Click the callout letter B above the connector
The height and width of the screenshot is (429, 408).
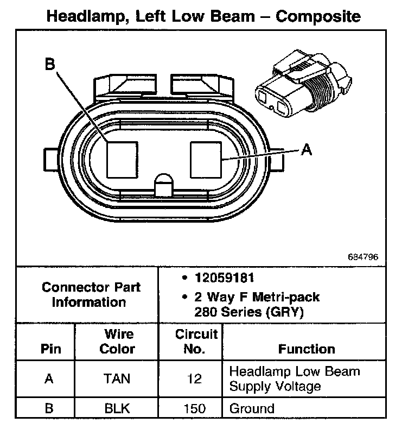click(50, 65)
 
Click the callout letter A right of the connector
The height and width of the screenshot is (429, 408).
click(307, 149)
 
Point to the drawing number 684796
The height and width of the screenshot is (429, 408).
click(363, 257)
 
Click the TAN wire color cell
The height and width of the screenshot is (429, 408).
click(117, 378)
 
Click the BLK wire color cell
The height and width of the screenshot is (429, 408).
click(117, 408)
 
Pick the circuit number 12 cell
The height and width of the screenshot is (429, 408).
click(194, 378)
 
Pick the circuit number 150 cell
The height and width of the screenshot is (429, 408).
click(194, 408)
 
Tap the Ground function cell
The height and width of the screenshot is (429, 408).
click(252, 408)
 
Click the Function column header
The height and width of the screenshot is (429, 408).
click(307, 349)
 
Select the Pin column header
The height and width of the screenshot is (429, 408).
click(51, 349)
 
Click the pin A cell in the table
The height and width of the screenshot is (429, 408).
click(49, 378)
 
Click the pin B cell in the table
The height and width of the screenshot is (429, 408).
click(49, 408)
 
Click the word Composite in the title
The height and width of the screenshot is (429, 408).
click(318, 16)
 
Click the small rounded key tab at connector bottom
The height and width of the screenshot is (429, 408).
click(163, 184)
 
